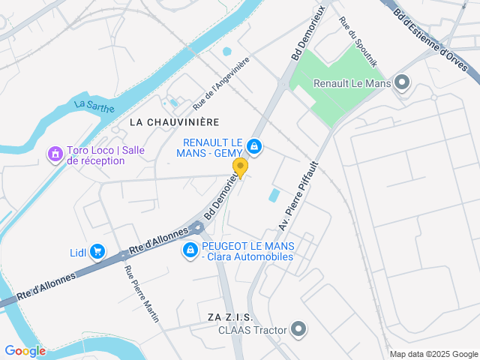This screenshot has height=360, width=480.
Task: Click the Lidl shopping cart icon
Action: pyautogui.click(x=97, y=252)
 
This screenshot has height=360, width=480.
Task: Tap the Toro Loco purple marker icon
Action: pyautogui.click(x=54, y=154)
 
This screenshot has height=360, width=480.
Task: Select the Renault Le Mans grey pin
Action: pyautogui.click(x=402, y=83)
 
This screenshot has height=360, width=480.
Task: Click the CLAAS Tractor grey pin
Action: pyautogui.click(x=299, y=328)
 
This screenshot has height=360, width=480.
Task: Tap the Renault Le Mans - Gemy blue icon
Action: pyautogui.click(x=255, y=145)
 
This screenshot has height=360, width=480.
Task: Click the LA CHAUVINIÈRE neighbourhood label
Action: pyautogui.click(x=174, y=121)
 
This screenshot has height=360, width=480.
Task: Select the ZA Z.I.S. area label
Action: pyautogui.click(x=231, y=317)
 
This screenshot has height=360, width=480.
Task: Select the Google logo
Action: pyautogui.click(x=25, y=350)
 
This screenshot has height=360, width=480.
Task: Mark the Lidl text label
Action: pyautogui.click(x=78, y=253)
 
